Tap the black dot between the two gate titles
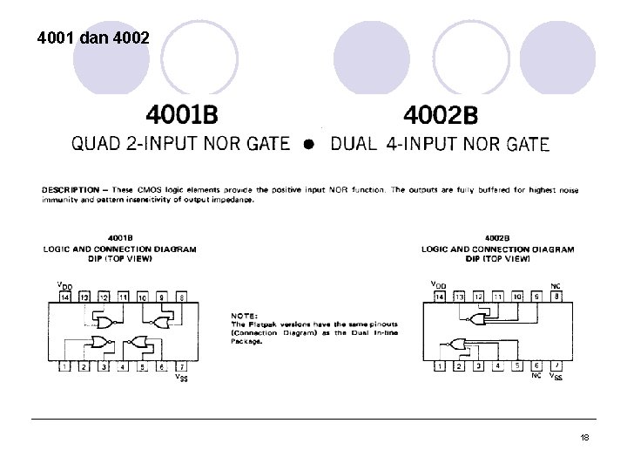pos(308,145)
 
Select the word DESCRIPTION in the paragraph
pos(67,189)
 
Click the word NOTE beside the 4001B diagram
pos(243,315)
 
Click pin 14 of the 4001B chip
pos(64,297)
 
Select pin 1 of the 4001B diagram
pos(64,366)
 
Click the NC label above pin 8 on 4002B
pos(556,285)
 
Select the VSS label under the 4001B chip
pos(180,378)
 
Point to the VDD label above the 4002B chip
pos(439,284)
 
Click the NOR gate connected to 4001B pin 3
pos(102,342)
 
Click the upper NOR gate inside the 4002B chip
pos(479,320)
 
